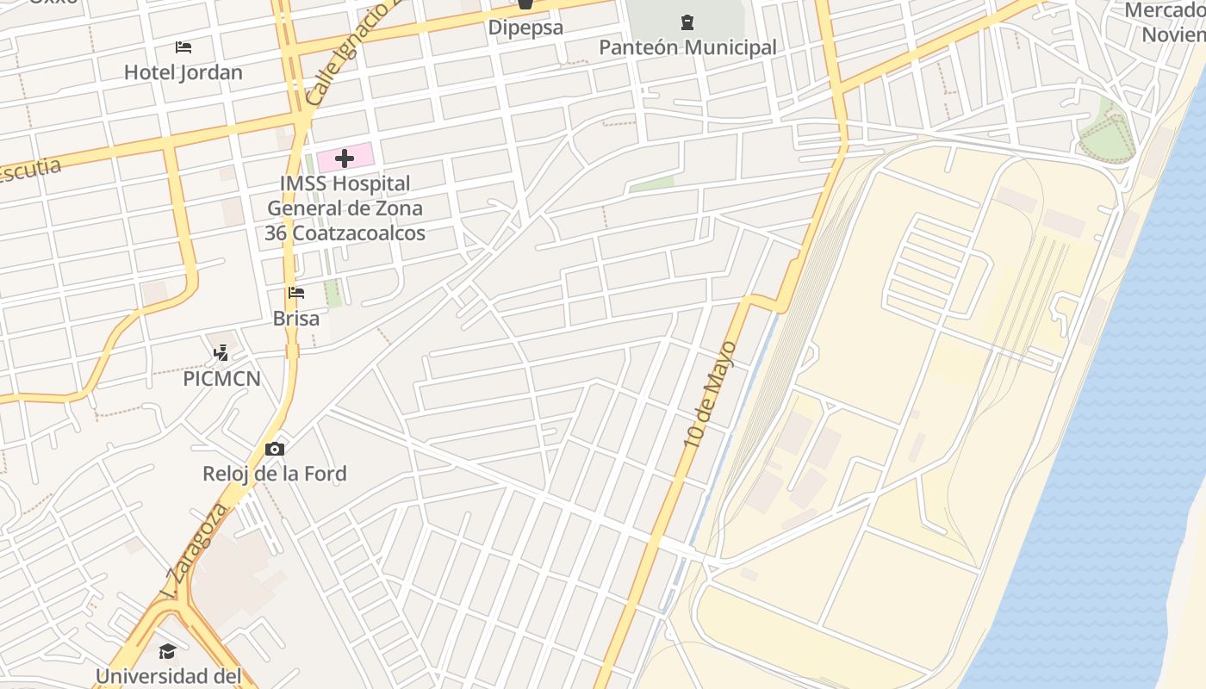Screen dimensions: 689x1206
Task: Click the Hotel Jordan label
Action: (183, 72)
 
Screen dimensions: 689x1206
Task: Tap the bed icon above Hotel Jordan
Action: (183, 47)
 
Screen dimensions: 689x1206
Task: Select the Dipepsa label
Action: (525, 27)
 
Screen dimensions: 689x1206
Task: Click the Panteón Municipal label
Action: (687, 47)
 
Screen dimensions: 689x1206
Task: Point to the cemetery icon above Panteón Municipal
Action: (687, 22)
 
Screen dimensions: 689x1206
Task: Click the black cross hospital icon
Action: (345, 158)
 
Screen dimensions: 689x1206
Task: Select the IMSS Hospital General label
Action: (345, 208)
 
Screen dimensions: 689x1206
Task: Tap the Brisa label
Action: (296, 319)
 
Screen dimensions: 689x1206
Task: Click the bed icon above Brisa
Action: (296, 293)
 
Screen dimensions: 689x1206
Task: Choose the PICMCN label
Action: (221, 379)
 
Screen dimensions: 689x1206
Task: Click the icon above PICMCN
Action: (221, 352)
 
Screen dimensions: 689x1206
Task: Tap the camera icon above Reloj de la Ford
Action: (275, 449)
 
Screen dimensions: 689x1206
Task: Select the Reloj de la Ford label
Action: (275, 474)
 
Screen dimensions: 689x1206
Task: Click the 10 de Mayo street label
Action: (711, 394)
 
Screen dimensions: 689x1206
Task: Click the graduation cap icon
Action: (167, 650)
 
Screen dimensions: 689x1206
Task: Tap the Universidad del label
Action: (168, 676)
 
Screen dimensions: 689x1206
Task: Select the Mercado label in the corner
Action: (1167, 22)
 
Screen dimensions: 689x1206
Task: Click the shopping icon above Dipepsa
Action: (525, 4)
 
